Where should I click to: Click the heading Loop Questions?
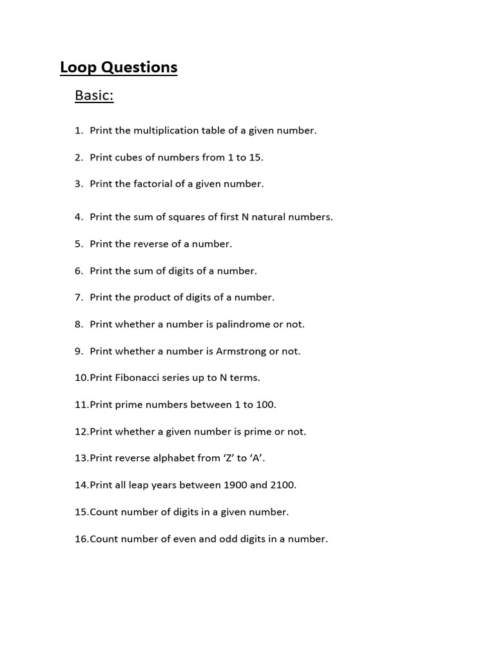[x=119, y=68]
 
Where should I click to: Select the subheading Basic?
[x=94, y=95]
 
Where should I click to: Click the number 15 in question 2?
[x=255, y=157]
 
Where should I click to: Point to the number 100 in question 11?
[x=265, y=405]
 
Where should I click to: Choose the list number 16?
[x=81, y=539]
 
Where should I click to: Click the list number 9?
[x=79, y=351]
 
